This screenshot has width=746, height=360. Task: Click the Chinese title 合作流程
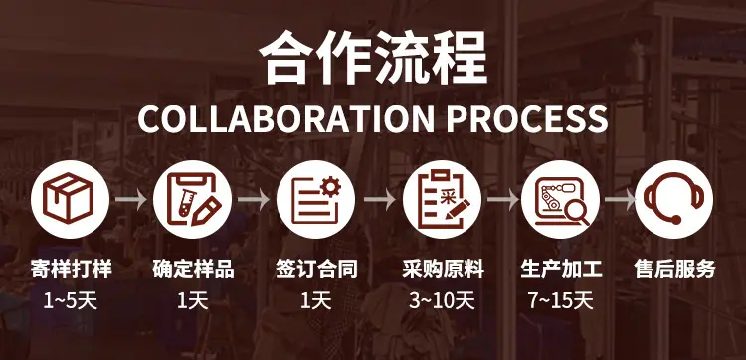(373, 58)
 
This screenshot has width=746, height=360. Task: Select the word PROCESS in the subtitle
(526, 119)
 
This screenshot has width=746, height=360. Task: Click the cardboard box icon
(70, 199)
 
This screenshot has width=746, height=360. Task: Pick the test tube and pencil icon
(192, 199)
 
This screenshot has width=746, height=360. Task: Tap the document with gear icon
(315, 199)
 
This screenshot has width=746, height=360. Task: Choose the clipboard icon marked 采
(442, 199)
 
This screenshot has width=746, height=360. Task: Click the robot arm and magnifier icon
(560, 199)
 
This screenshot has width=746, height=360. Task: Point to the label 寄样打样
(71, 270)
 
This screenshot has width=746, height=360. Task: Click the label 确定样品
(193, 270)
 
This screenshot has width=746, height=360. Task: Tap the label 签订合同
(316, 270)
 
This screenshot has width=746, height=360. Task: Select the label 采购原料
(443, 270)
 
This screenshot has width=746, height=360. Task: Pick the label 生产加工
(561, 270)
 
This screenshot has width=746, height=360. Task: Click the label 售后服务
(674, 270)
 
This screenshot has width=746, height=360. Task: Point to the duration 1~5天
(71, 301)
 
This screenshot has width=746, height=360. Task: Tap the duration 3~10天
(442, 301)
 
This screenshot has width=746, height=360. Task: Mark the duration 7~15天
(561, 301)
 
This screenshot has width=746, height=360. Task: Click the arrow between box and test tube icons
(131, 199)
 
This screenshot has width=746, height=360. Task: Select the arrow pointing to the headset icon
(620, 199)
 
